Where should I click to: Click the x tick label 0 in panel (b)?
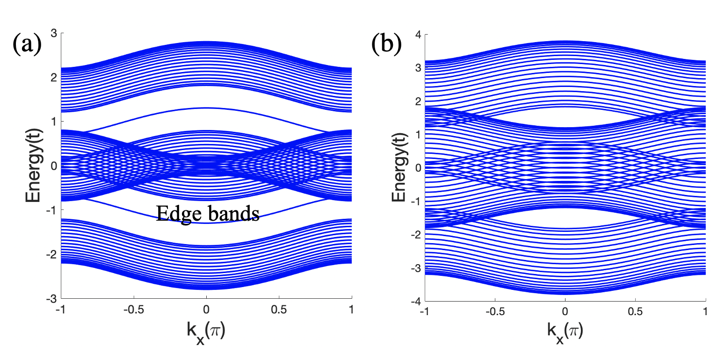565,313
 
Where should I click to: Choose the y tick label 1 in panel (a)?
54,122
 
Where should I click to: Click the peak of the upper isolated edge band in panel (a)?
206,108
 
